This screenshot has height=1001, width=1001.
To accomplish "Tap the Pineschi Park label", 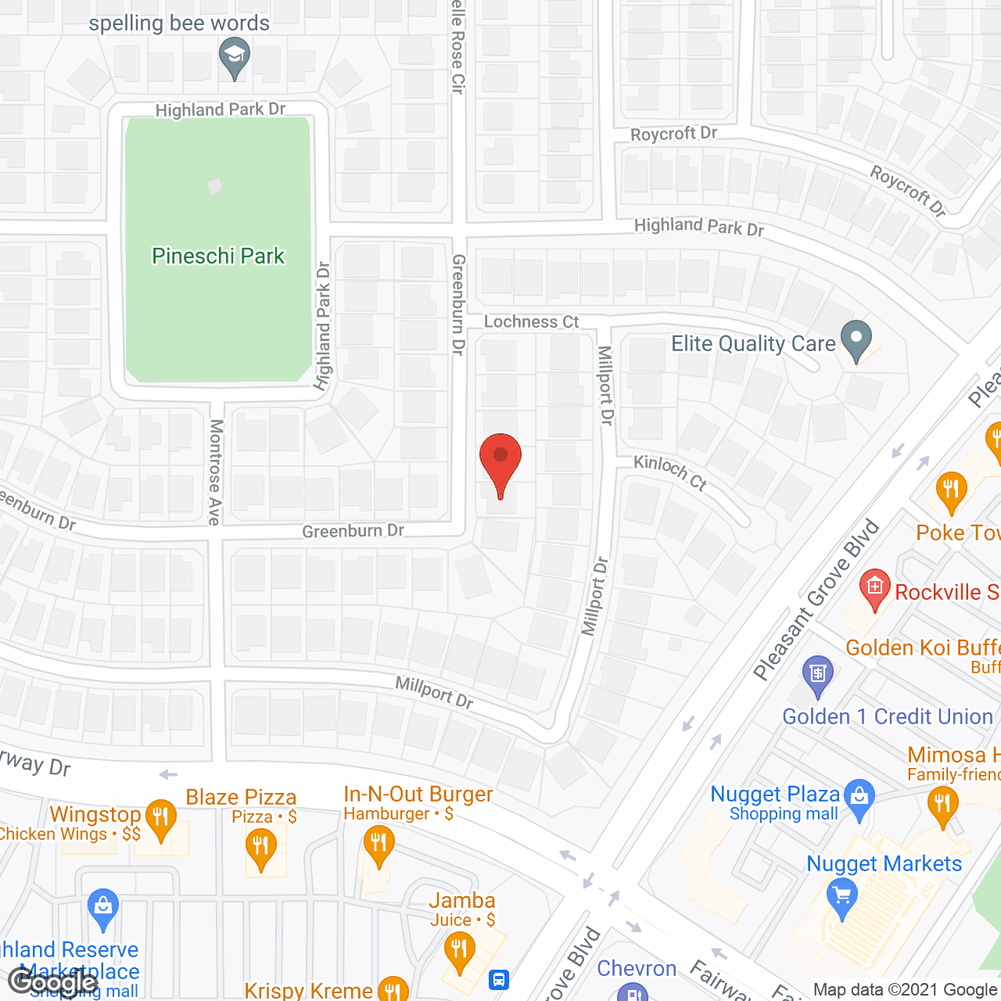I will pos(218,256).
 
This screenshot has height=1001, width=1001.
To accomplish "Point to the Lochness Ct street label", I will pos(531,321).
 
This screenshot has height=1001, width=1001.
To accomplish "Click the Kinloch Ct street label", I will pos(670,472).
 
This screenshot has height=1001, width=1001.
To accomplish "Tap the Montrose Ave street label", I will pos(216,472).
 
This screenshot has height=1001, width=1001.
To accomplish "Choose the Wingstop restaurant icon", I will pos(160,817).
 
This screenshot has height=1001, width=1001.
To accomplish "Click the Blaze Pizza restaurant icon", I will pos(260,848).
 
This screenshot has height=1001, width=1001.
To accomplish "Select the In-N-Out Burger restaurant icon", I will pos(379,845).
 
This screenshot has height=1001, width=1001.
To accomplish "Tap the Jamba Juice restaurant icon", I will pos(458,950).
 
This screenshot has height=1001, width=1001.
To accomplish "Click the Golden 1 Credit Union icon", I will pos(818,674).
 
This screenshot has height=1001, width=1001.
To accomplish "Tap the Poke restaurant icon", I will pos(951,491).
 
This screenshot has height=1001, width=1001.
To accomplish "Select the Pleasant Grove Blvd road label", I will pos(816,600).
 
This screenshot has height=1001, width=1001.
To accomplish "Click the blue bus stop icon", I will pos(498,979).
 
